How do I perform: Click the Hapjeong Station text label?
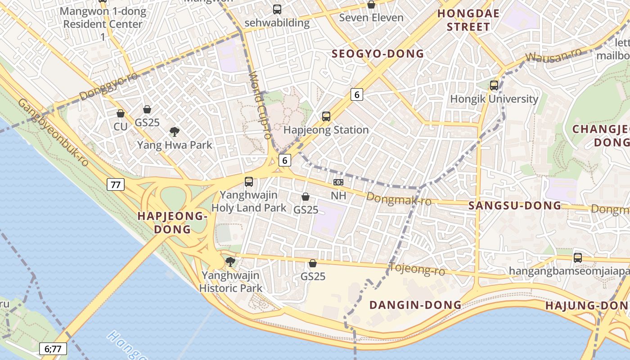[326, 130]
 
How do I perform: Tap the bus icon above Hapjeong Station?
[326, 117]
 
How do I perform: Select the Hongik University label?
[494, 99]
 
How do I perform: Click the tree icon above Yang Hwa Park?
[175, 132]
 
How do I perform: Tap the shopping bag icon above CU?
[120, 113]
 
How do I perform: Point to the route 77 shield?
[116, 184]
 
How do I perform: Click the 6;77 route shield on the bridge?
[53, 348]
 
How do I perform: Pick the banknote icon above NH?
[338, 182]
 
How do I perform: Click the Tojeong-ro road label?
[417, 269]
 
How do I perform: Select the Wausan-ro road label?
[553, 56]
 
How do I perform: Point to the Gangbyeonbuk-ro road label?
[53, 132]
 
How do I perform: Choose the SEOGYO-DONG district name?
[378, 54]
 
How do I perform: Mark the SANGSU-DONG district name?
[515, 206]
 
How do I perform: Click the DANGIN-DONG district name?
[415, 305]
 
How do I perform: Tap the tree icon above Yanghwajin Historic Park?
[230, 261]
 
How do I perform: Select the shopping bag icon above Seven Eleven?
[371, 4]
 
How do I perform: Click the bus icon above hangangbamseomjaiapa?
[578, 258]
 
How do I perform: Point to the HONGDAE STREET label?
[468, 20]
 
